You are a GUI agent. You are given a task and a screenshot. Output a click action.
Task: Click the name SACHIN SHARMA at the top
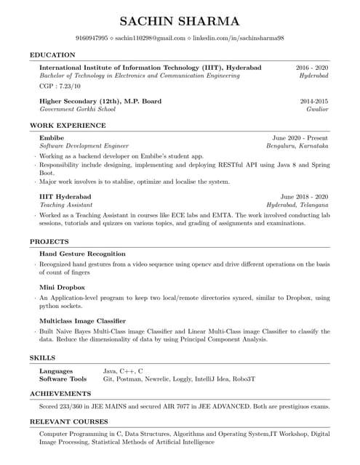pyautogui.click(x=180, y=20)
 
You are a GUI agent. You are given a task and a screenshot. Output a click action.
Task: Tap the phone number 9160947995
pyautogui.click(x=92, y=37)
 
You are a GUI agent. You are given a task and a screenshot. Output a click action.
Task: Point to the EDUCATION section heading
pyautogui.click(x=52, y=54)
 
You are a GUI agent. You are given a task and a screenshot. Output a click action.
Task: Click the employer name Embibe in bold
pyautogui.click(x=52, y=137)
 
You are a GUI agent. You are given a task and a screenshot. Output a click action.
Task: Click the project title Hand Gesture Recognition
pyautogui.click(x=82, y=254)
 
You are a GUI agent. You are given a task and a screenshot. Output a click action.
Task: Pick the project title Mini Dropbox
pyautogui.click(x=61, y=287)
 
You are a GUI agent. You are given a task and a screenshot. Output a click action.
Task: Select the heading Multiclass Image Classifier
pyautogui.click(x=82, y=320)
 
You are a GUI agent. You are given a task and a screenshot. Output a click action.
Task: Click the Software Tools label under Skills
pyautogui.click(x=63, y=379)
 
